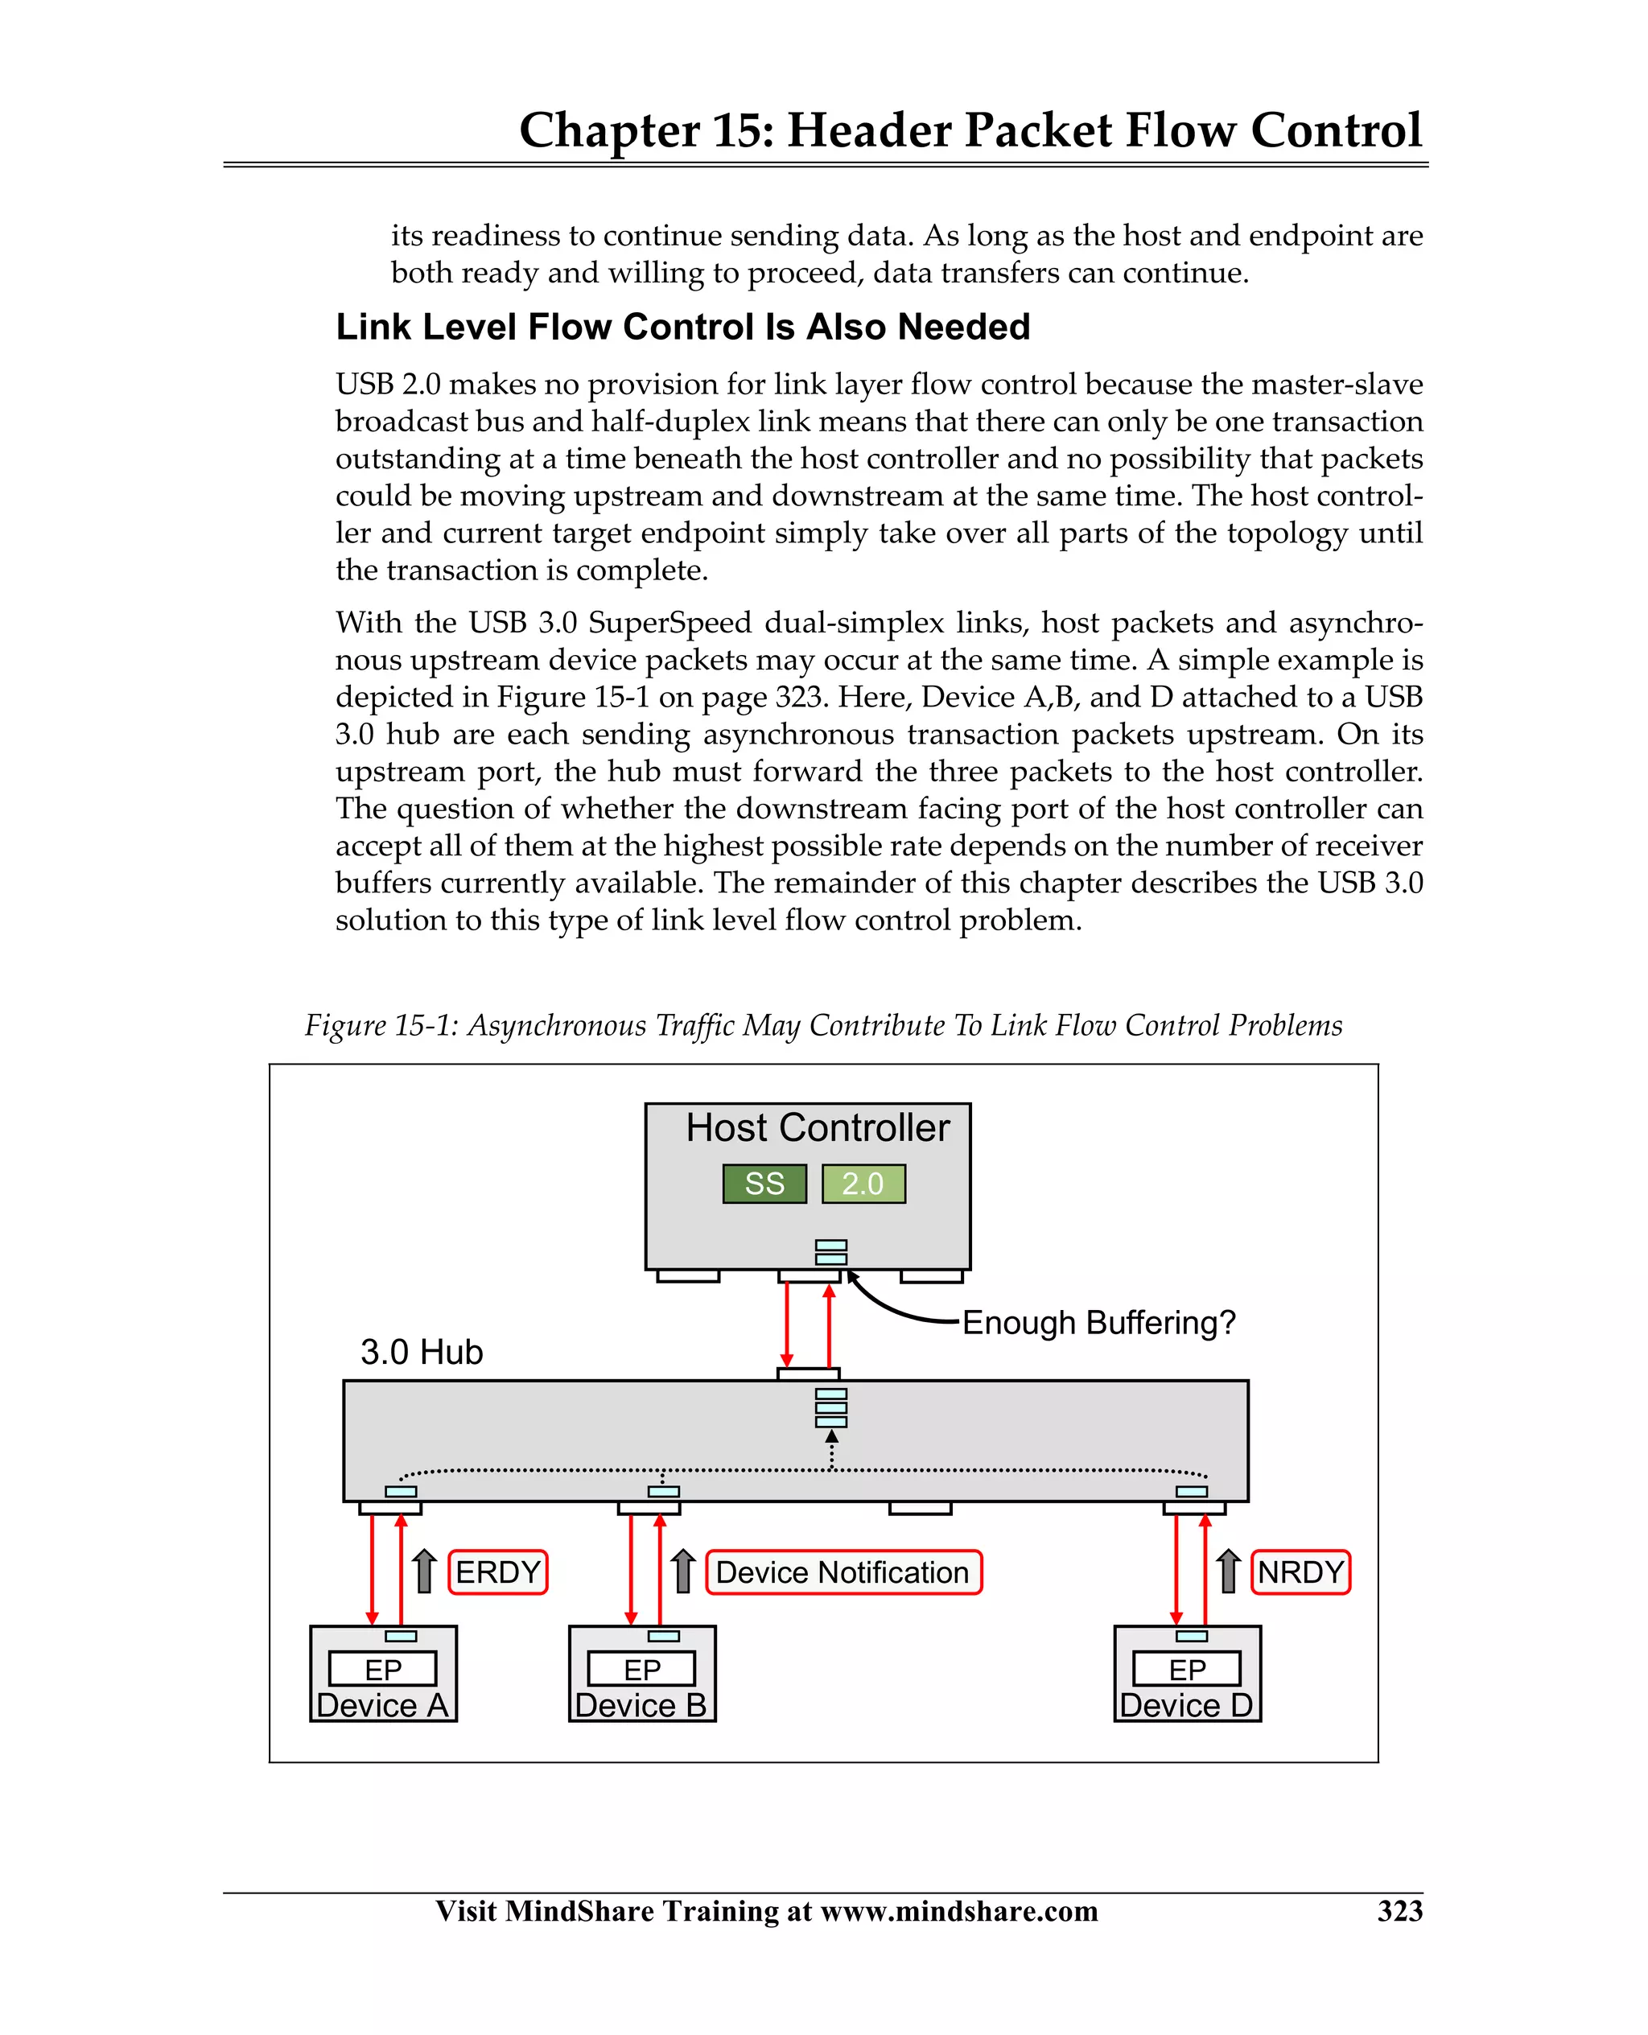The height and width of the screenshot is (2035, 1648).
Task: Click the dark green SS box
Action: (764, 1184)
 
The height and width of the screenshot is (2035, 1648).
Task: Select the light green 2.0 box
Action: (863, 1184)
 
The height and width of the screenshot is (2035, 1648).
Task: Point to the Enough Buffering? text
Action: (1098, 1323)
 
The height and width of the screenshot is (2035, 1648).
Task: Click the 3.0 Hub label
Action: (422, 1353)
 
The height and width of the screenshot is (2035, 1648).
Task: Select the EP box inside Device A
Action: (382, 1670)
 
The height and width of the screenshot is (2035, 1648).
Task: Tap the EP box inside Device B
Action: (641, 1670)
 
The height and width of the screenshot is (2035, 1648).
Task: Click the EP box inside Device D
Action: (1187, 1670)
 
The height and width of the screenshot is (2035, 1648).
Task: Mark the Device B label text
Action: (641, 1707)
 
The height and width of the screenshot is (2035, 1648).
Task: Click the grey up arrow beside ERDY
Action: (424, 1571)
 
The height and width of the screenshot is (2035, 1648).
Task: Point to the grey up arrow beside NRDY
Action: (1229, 1571)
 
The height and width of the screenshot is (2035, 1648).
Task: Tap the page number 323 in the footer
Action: (1399, 1910)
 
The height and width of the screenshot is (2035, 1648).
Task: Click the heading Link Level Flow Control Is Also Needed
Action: (682, 327)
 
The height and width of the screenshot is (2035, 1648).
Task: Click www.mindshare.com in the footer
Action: (959, 1910)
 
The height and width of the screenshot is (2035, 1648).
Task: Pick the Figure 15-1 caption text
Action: (823, 1026)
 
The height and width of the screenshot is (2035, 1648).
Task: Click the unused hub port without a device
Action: (920, 1508)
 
